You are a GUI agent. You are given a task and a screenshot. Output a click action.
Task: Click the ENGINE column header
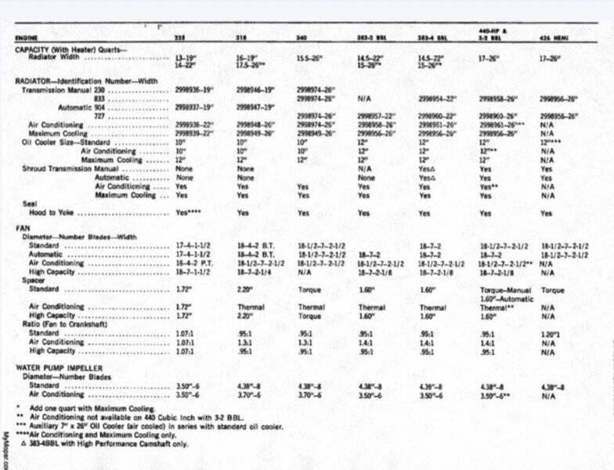click(x=27, y=37)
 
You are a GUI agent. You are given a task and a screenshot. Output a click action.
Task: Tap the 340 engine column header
click(x=302, y=37)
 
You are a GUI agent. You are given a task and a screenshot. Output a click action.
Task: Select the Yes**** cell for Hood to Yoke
click(x=190, y=212)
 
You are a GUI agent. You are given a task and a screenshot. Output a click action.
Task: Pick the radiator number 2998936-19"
click(x=196, y=90)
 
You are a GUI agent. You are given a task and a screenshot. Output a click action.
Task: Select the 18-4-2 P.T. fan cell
click(x=255, y=264)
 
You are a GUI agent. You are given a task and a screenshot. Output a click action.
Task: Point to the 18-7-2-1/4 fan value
click(x=253, y=273)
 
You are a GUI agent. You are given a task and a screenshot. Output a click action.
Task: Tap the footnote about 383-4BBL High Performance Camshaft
click(x=102, y=444)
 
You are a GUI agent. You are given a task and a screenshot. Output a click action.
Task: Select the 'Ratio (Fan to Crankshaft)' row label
click(x=62, y=324)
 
